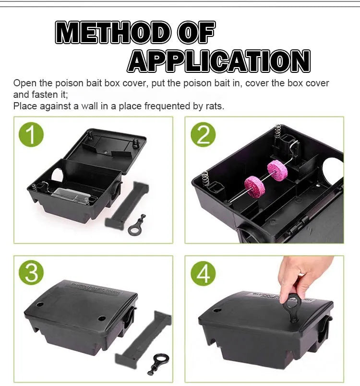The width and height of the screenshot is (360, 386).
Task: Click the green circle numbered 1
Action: pyautogui.click(x=31, y=135)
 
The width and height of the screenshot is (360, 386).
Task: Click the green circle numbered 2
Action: pyautogui.click(x=203, y=135)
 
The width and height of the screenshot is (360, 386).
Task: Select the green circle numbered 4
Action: pyautogui.click(x=203, y=274)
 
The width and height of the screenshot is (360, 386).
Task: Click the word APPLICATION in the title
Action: pyautogui.click(x=219, y=61)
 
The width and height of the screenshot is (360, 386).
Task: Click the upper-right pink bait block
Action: pyautogui.click(x=277, y=170)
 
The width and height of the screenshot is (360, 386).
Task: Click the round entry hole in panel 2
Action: pyautogui.click(x=333, y=172)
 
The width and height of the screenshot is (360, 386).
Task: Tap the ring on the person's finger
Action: pyautogui.click(x=301, y=273)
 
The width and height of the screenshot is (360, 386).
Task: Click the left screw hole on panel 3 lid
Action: pyautogui.click(x=40, y=304)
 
